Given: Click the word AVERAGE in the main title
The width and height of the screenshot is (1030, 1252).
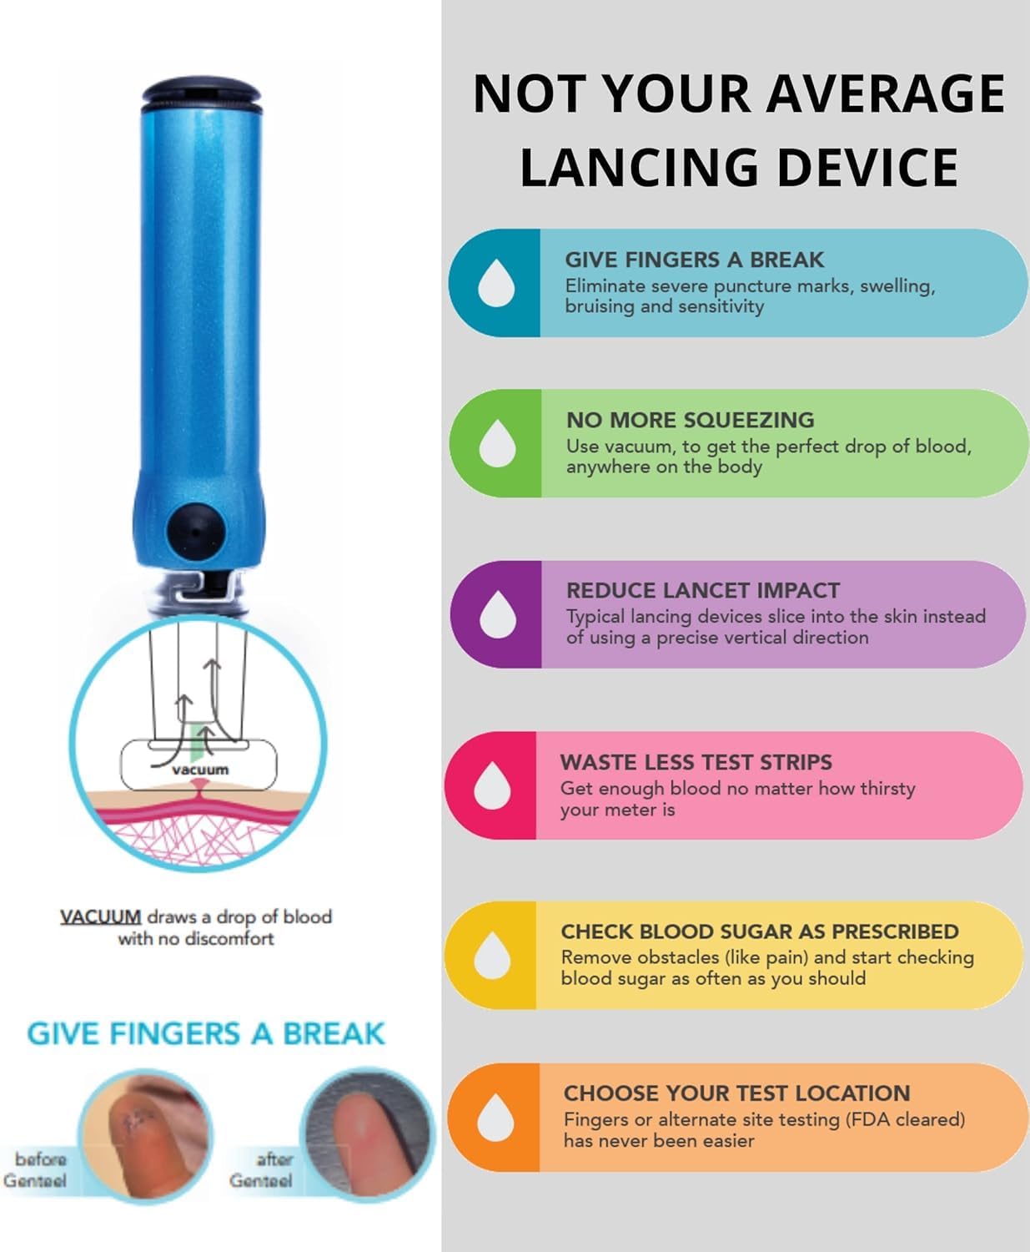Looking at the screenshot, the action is [x=886, y=93].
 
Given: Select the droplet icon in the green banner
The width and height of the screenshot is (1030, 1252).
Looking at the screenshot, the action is [x=497, y=443].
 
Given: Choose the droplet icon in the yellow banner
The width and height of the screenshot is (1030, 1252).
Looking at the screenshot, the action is [x=492, y=955].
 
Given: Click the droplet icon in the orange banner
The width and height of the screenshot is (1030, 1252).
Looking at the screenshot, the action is [x=495, y=1118].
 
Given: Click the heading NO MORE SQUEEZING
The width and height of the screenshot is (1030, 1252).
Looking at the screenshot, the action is [x=690, y=421].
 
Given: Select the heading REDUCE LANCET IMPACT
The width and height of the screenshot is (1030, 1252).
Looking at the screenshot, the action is [x=703, y=591].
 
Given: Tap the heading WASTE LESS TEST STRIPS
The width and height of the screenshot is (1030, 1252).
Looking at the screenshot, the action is [x=696, y=762].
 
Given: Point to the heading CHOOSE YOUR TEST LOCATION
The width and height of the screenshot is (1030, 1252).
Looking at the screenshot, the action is [x=737, y=1093].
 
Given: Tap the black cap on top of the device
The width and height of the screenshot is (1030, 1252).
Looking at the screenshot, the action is [x=202, y=93].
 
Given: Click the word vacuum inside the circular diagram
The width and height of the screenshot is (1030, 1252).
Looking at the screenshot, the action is [x=200, y=770].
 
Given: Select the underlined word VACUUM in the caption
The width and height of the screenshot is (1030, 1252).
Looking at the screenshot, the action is [x=100, y=916].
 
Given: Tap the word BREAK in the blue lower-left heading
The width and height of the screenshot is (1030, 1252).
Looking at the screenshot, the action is [x=334, y=1033].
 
